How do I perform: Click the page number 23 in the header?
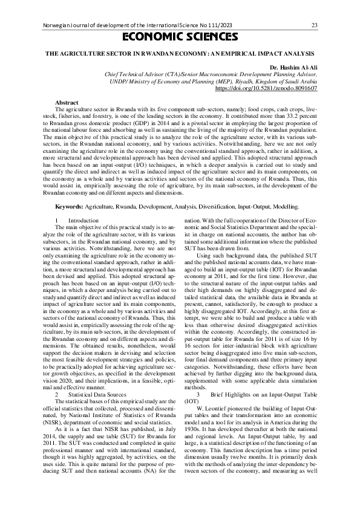314,25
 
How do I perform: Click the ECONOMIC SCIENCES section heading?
180,37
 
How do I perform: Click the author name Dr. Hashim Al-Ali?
293,66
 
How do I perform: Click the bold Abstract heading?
67,103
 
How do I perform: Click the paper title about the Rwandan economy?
180,54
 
